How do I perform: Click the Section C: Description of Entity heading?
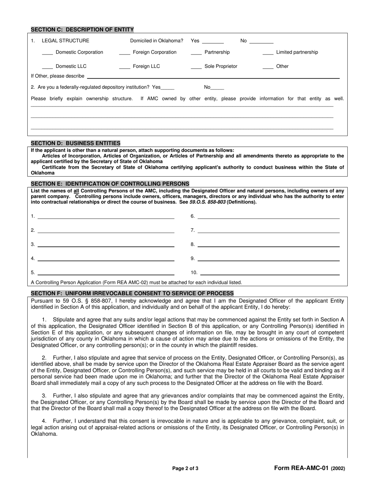pyautogui.click(x=82, y=30)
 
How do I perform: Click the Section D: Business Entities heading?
pyautogui.click(x=75, y=143)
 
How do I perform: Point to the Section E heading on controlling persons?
pyautogui.click(x=110, y=184)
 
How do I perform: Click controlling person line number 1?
pyautogui.click(x=106, y=217)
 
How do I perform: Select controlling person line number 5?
pyautogui.click(x=106, y=273)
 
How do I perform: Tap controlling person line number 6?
pyautogui.click(x=268, y=217)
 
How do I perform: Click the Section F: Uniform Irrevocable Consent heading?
pyautogui.click(x=132, y=293)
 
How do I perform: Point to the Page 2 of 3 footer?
pyautogui.click(x=185, y=469)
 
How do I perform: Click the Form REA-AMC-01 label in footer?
pyautogui.click(x=302, y=468)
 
